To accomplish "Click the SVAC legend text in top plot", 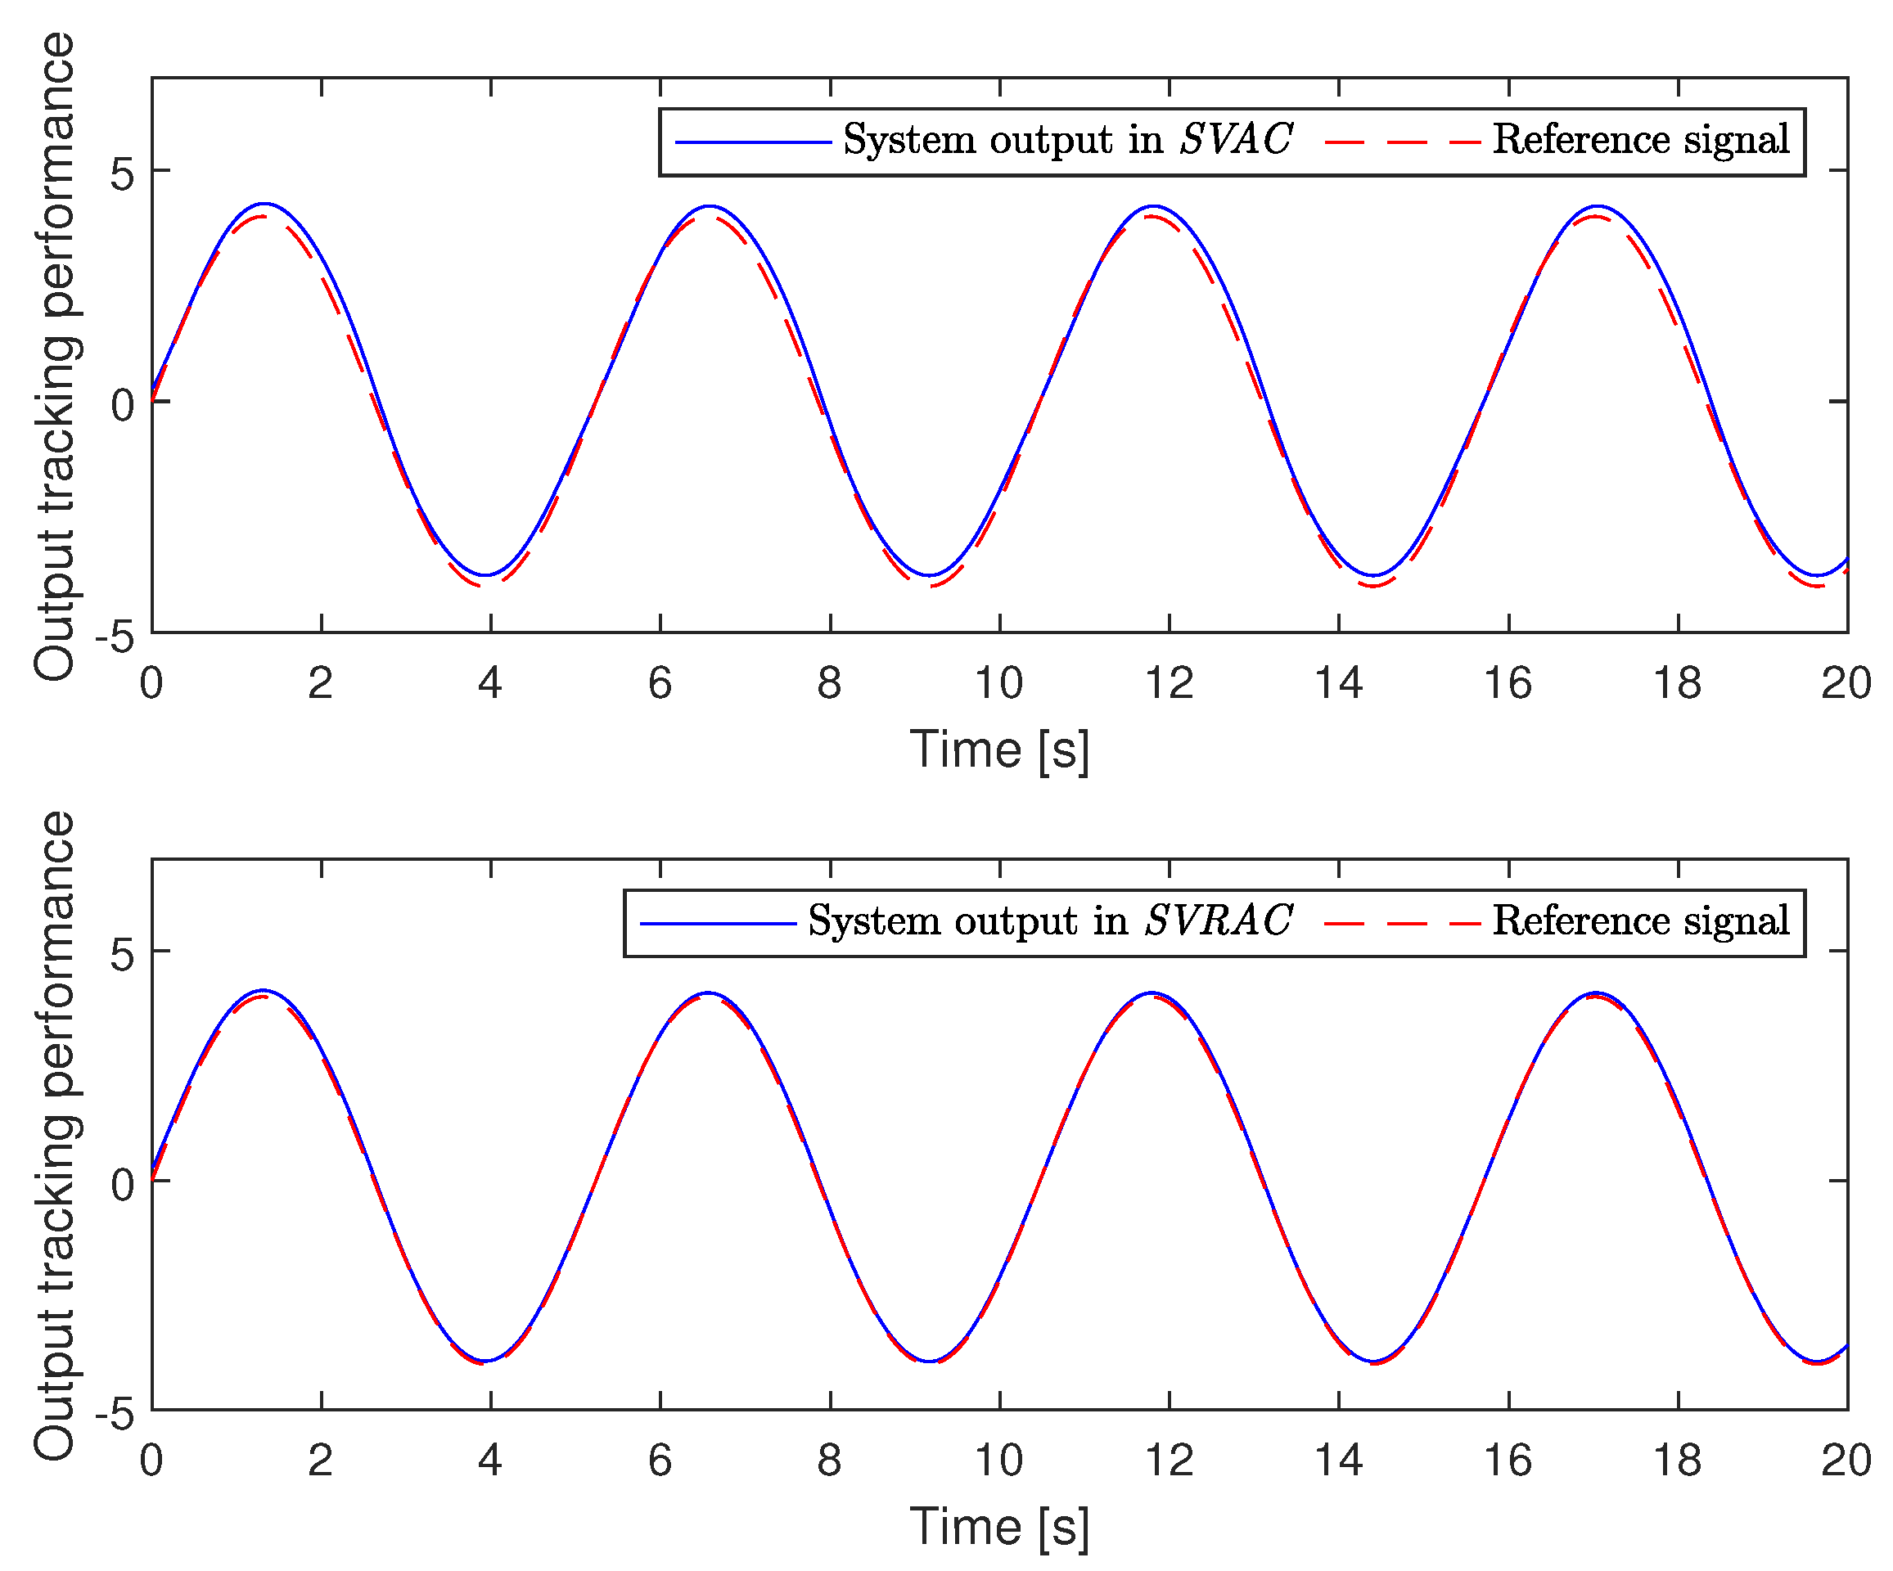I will (x=1067, y=140).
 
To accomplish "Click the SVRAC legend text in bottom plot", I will (x=1050, y=921).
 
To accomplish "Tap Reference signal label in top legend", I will (x=1641, y=140).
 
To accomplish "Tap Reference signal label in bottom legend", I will (x=1641, y=921).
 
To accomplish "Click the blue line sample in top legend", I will (x=753, y=142).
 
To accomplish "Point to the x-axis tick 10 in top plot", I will (x=998, y=684).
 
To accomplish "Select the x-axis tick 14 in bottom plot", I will (x=1339, y=1461).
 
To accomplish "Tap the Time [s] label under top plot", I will (x=998, y=749).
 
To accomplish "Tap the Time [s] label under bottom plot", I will (x=998, y=1526).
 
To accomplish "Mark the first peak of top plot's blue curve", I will (x=264, y=204).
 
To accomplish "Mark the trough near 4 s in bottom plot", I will (x=486, y=1361).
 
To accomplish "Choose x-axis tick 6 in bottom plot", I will (x=660, y=1461).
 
